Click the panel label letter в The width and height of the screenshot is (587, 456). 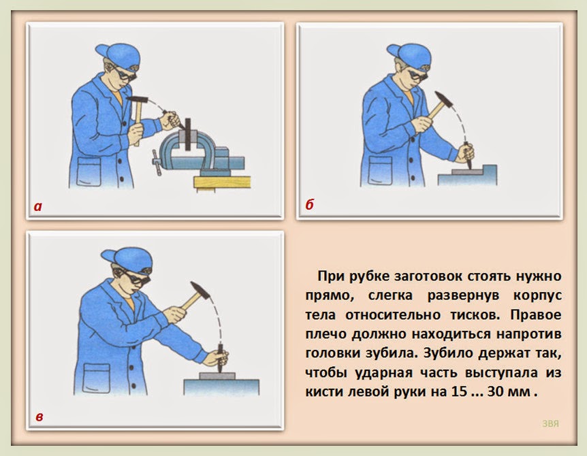click(x=39, y=417)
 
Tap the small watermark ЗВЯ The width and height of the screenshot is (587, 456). click(x=550, y=423)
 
